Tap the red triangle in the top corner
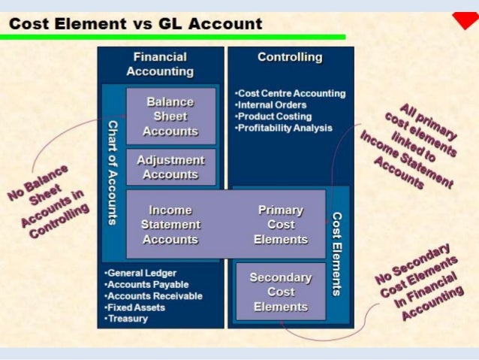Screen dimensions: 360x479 pyautogui.click(x=465, y=20)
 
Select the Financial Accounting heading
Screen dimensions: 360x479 pyautogui.click(x=160, y=65)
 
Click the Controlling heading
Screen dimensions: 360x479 pyautogui.click(x=289, y=57)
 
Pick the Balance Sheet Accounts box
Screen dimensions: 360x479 pyautogui.click(x=170, y=116)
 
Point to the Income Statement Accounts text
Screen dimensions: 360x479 pyautogui.click(x=170, y=225)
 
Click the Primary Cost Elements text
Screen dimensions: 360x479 pyautogui.click(x=281, y=225)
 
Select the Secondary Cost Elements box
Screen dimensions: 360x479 pyautogui.click(x=280, y=292)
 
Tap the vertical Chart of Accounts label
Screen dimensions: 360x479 pyautogui.click(x=113, y=172)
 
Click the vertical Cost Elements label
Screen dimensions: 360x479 pyautogui.click(x=337, y=253)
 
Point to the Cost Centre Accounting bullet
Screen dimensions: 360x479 pyautogui.click(x=291, y=93)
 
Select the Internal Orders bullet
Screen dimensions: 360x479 pyautogui.click(x=271, y=104)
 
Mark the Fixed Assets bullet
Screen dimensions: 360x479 pyautogui.click(x=135, y=307)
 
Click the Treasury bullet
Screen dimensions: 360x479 pyautogui.click(x=127, y=319)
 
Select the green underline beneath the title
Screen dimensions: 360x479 pyautogui.click(x=173, y=36)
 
